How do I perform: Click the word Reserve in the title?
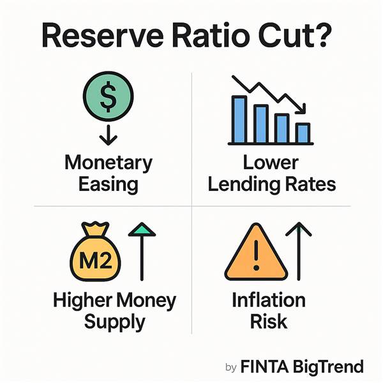click(x=103, y=36)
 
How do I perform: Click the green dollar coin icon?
click(x=109, y=96)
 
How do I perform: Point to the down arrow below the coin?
click(x=109, y=135)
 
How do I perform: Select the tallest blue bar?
click(x=239, y=119)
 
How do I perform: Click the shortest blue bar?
click(x=303, y=133)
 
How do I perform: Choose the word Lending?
click(x=244, y=185)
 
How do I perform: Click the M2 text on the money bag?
click(x=96, y=260)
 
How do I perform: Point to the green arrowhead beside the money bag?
click(x=142, y=229)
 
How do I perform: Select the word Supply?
click(x=114, y=322)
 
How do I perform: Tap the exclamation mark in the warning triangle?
click(x=256, y=255)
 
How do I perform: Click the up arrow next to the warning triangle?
click(x=299, y=251)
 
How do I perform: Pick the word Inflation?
click(x=269, y=300)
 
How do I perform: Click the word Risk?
click(x=269, y=321)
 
